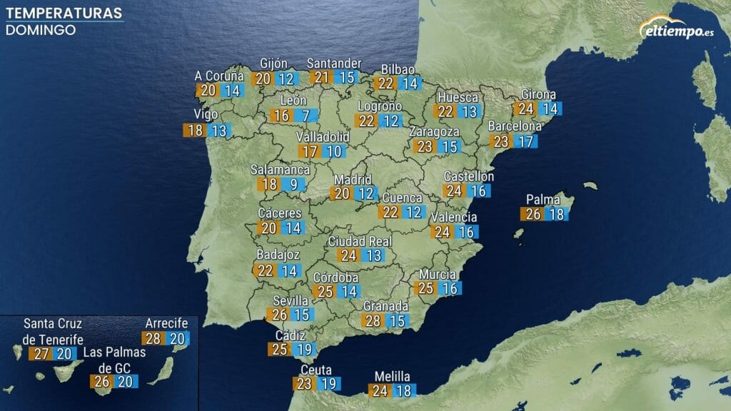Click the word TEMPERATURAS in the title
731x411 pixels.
coord(63,14)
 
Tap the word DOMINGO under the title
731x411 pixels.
coord(41,30)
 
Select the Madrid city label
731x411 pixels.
coord(353,179)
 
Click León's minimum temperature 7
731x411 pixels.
coord(306,116)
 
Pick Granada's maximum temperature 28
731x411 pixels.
coord(373,321)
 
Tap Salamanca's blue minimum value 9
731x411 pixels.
coord(293,184)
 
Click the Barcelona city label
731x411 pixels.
coord(515,126)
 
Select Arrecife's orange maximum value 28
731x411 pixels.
coord(153,339)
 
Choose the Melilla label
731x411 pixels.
coord(393,376)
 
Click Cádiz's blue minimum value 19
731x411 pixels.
coord(304,350)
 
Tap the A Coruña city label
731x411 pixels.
coord(219,76)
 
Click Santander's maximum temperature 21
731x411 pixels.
coord(322,78)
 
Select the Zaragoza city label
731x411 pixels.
coord(434,132)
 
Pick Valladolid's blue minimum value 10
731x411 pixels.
coord(333,151)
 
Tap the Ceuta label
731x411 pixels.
coord(315,370)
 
